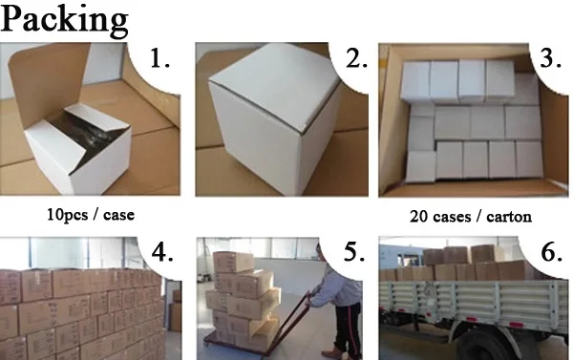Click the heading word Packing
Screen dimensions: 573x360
point(64,20)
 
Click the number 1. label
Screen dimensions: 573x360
point(160,58)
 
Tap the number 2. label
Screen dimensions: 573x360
point(356,58)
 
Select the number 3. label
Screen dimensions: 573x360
point(550,58)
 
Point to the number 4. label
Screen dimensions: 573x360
point(162,252)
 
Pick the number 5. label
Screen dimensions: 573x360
point(354,252)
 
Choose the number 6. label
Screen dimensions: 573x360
point(551,252)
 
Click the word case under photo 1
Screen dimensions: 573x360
point(118,215)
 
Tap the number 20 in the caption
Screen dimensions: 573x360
point(417,217)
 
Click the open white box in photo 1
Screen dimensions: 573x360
point(78,148)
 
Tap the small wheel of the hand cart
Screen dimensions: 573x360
point(207,343)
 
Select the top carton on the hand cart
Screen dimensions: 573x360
point(233,262)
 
